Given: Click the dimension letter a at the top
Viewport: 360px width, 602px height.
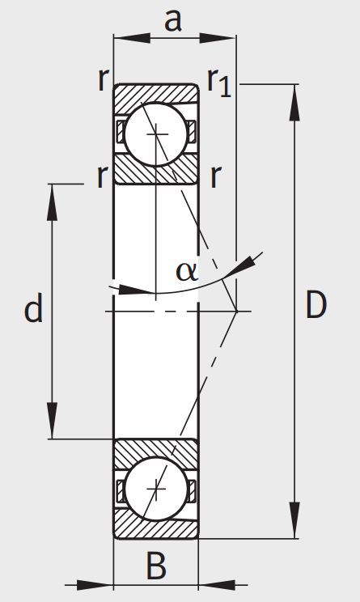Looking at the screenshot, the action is point(172,21).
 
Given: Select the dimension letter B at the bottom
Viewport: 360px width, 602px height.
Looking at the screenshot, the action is point(156,566).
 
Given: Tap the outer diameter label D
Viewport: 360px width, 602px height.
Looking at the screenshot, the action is point(316,304).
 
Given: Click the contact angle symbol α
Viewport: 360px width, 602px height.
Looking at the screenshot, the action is point(186,272).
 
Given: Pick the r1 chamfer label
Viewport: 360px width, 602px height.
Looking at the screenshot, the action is point(219,83).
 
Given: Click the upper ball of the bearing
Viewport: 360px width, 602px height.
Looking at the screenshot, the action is point(156,134).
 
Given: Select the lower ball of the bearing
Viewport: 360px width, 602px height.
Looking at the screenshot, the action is point(156,489).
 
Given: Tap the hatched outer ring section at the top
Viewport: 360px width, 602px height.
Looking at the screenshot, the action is point(156,94).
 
